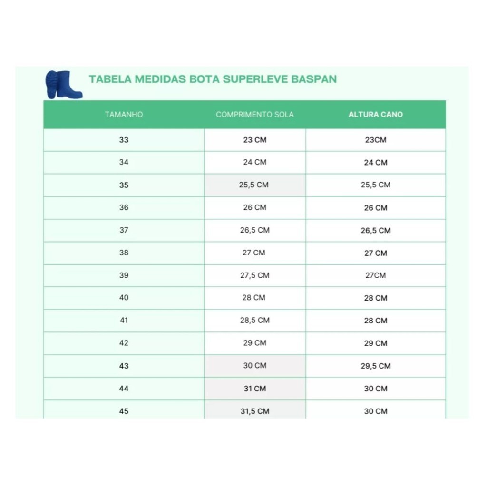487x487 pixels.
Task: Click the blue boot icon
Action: tap(64, 85)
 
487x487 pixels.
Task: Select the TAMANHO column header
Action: tap(124, 115)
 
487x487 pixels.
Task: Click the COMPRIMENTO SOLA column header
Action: tap(254, 115)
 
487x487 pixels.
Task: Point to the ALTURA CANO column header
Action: tap(375, 115)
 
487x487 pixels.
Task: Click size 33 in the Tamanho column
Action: tap(124, 140)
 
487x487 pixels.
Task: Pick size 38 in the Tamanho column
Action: tap(124, 253)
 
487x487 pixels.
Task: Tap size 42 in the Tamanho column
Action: tap(124, 343)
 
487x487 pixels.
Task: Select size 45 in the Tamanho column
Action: tap(124, 411)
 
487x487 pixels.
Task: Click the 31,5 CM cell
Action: tap(254, 411)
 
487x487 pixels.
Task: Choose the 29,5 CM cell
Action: tap(375, 366)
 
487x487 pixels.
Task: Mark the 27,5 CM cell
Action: tap(254, 275)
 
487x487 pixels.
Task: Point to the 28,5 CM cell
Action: tap(254, 321)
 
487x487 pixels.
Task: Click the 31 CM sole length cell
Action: tap(254, 389)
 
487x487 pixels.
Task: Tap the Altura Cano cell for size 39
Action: tap(375, 275)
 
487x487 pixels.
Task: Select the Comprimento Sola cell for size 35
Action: tap(254, 185)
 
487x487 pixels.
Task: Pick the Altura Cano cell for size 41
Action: tap(375, 321)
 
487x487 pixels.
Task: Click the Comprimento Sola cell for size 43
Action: tap(254, 366)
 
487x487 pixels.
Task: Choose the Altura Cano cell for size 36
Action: tap(375, 208)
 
